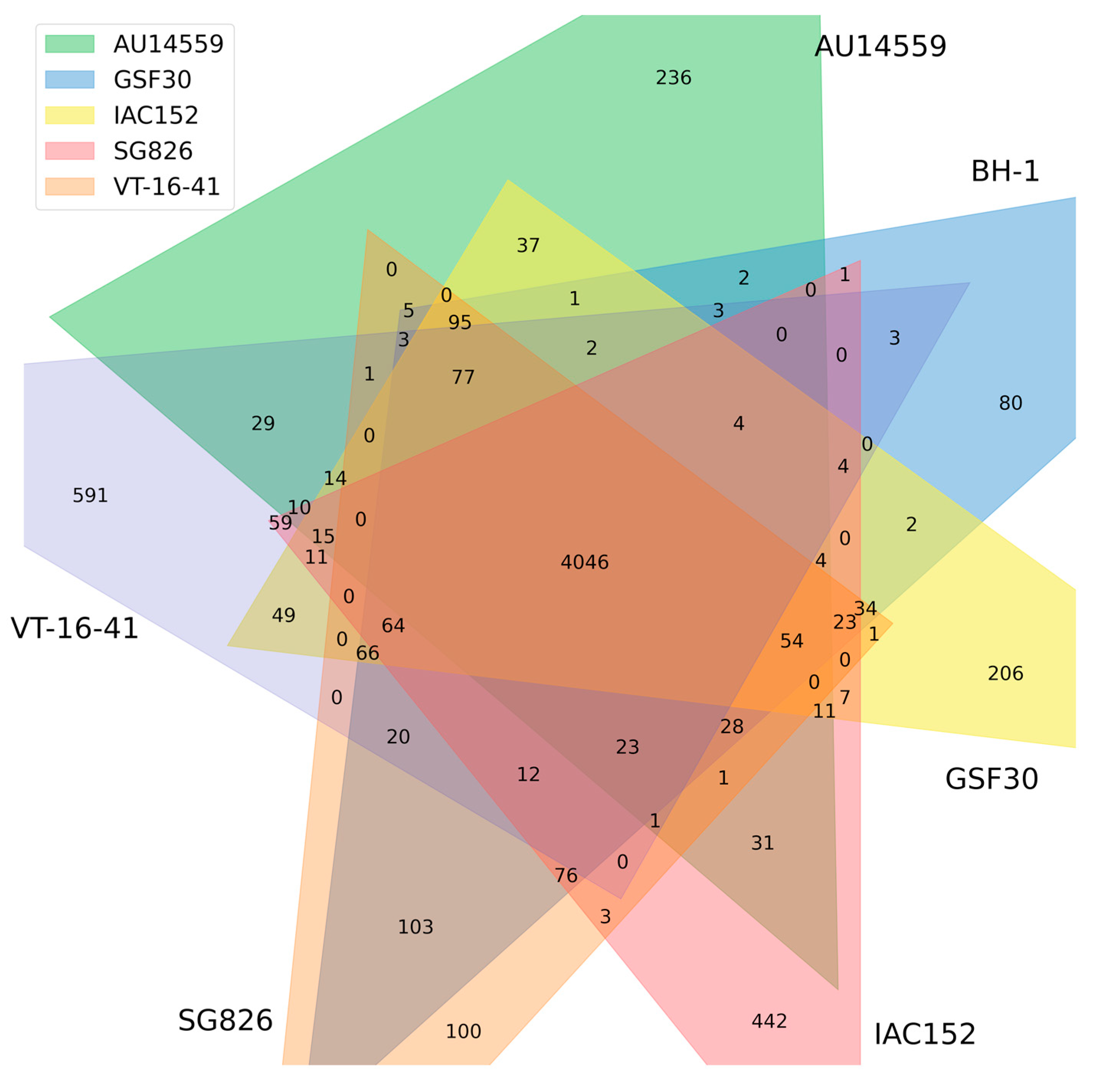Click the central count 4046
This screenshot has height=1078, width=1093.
click(x=584, y=562)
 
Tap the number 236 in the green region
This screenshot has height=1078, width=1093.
click(x=673, y=77)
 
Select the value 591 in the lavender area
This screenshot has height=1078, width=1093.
click(x=90, y=496)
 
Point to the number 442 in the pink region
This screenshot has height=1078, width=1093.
click(x=769, y=1021)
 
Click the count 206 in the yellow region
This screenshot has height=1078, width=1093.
click(x=1005, y=673)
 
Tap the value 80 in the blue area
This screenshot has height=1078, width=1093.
click(x=1010, y=403)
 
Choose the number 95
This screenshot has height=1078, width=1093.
click(x=460, y=322)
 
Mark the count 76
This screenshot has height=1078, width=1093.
click(x=566, y=875)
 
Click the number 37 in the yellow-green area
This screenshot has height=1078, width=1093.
click(x=528, y=245)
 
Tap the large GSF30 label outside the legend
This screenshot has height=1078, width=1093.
click(x=991, y=779)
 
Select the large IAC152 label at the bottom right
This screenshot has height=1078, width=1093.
click(x=924, y=1034)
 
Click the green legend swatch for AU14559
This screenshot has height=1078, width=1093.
click(x=70, y=44)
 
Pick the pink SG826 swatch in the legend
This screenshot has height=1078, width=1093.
click(x=70, y=151)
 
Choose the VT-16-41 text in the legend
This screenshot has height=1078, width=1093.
click(x=166, y=186)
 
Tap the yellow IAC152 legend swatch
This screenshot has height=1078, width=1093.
click(x=70, y=115)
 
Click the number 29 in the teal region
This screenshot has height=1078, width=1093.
click(x=263, y=423)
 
